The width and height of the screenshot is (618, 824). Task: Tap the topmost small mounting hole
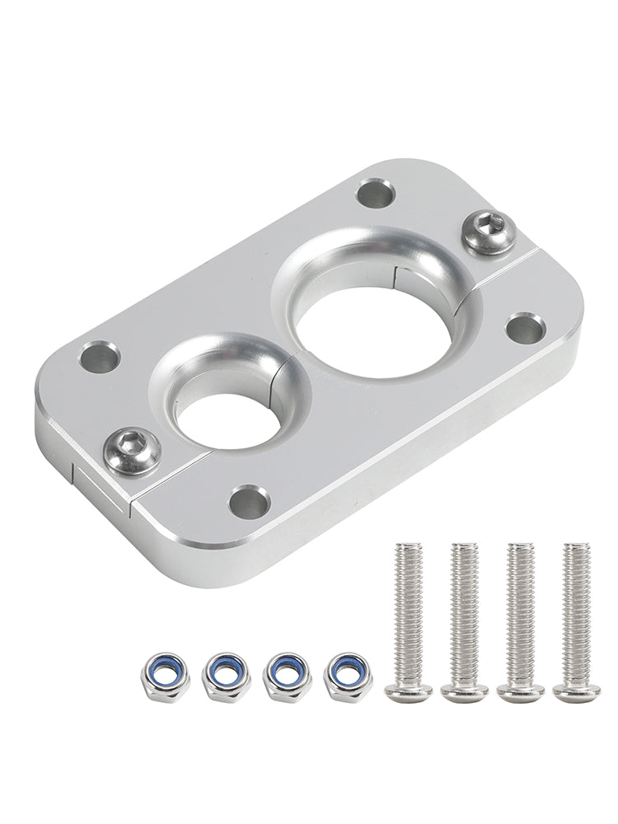[376, 194]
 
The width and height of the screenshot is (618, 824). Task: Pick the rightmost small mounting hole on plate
[524, 328]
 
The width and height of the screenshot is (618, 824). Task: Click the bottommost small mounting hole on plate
[249, 501]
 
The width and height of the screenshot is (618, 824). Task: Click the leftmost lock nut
[165, 676]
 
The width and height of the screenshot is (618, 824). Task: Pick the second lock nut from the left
[225, 676]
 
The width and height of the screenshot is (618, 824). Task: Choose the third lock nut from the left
[287, 676]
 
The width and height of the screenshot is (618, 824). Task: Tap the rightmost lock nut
[349, 676]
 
